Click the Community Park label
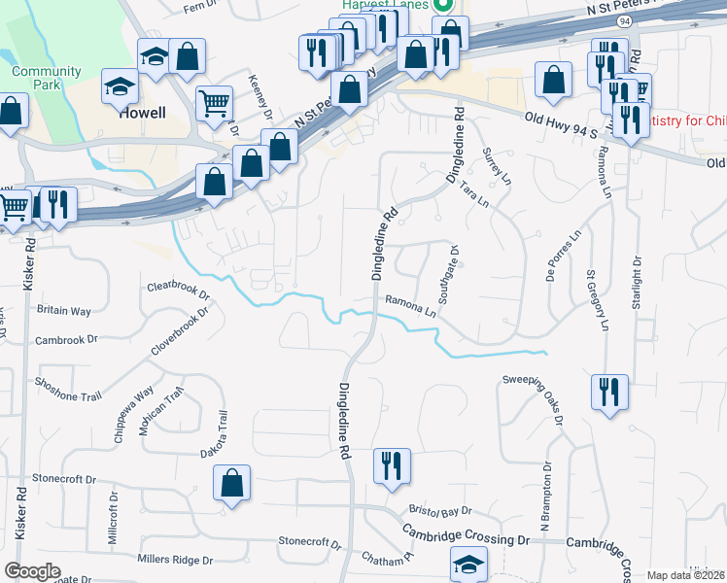[x=47, y=78]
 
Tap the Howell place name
[x=143, y=113]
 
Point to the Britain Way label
[x=64, y=311]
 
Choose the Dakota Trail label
[x=224, y=434]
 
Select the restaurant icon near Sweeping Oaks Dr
[x=609, y=392]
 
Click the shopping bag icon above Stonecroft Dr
[x=232, y=483]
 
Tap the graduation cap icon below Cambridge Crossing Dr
[x=468, y=564]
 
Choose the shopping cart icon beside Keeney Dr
[x=214, y=101]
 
